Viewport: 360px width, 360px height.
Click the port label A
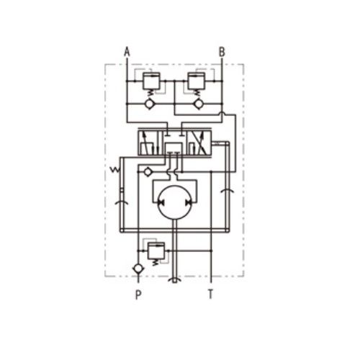click(127, 52)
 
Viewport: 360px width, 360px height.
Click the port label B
click(222, 52)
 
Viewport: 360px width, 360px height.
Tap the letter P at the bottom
click(138, 294)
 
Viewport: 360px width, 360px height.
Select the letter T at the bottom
click(210, 294)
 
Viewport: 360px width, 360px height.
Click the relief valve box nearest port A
click(151, 81)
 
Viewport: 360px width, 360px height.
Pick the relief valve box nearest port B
click(197, 81)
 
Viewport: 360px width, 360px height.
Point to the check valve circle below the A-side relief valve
click(150, 104)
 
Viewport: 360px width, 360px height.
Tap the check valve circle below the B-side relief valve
click(199, 104)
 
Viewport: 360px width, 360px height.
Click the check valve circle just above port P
click(138, 269)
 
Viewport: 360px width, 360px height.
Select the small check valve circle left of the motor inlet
click(148, 172)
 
